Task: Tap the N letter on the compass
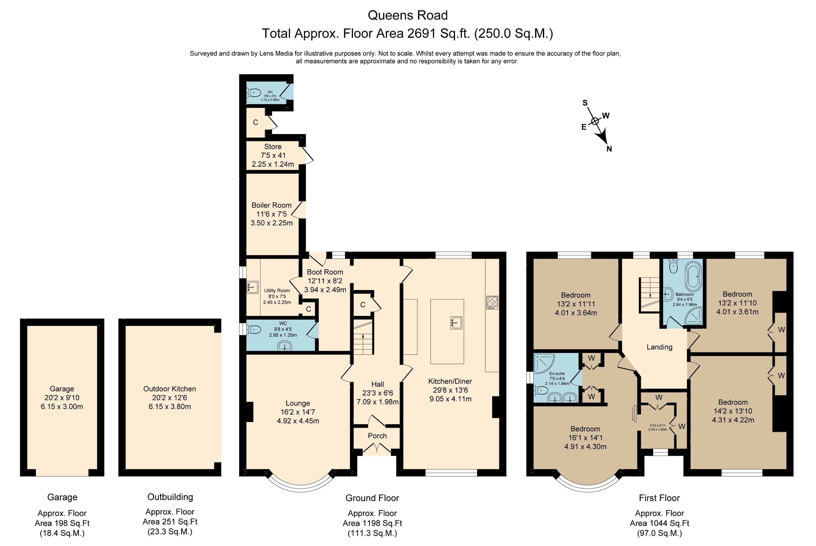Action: tap(609, 149)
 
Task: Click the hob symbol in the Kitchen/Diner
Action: tap(492, 302)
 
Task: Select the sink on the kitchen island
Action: tap(456, 322)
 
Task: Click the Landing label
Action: tap(659, 347)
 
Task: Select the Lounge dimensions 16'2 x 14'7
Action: tap(298, 412)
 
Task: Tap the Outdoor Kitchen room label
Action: tap(169, 389)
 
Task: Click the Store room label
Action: tap(273, 147)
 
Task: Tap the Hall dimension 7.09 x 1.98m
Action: tap(377, 402)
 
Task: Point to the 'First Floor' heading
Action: tap(659, 498)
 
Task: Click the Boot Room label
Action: tap(325, 272)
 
